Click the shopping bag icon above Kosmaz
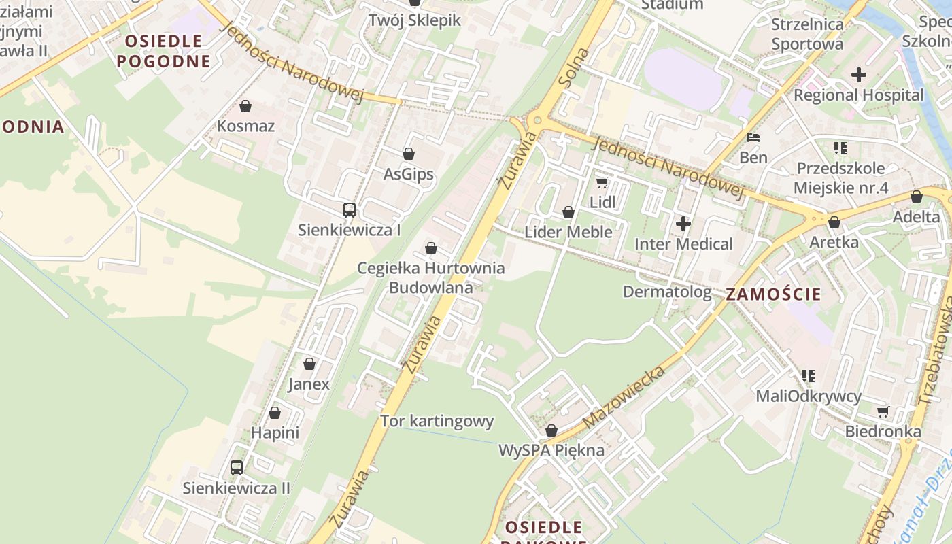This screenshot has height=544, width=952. pyautogui.click(x=245, y=106)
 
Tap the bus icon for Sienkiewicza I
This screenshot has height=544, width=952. pyautogui.click(x=350, y=210)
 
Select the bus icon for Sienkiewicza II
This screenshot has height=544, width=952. pyautogui.click(x=237, y=468)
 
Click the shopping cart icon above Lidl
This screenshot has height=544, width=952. pyautogui.click(x=602, y=182)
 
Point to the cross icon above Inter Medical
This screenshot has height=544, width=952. pyautogui.click(x=683, y=223)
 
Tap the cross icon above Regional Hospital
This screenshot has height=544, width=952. pyautogui.click(x=859, y=75)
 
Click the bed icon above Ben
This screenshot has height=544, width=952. pyautogui.click(x=753, y=137)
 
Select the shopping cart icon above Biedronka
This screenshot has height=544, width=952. pyautogui.click(x=883, y=411)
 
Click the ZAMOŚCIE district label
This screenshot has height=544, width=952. pyautogui.click(x=773, y=295)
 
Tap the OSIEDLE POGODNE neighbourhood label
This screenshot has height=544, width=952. pyautogui.click(x=163, y=51)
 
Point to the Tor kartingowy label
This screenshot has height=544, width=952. pyautogui.click(x=437, y=421)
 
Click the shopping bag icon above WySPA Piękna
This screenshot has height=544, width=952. pyautogui.click(x=551, y=430)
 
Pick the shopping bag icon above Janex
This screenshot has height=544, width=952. pyautogui.click(x=309, y=364)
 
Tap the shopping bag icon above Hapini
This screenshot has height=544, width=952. pyautogui.click(x=275, y=413)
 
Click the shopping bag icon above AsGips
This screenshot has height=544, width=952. pyautogui.click(x=409, y=154)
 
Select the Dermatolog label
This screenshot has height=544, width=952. pyautogui.click(x=667, y=292)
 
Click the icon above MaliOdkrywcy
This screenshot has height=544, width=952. pyautogui.click(x=809, y=375)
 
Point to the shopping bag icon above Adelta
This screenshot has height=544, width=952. pyautogui.click(x=917, y=197)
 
